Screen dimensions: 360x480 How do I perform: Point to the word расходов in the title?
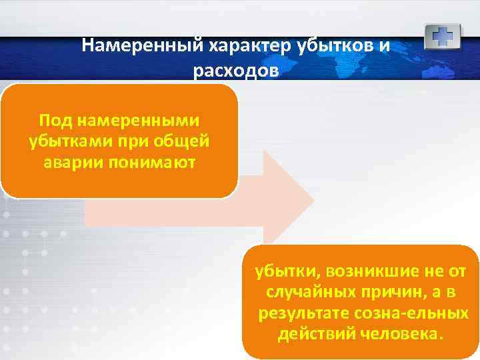click(x=233, y=71)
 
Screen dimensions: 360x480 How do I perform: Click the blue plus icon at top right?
click(x=443, y=36)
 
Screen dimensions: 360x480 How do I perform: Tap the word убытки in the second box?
click(x=281, y=271)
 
